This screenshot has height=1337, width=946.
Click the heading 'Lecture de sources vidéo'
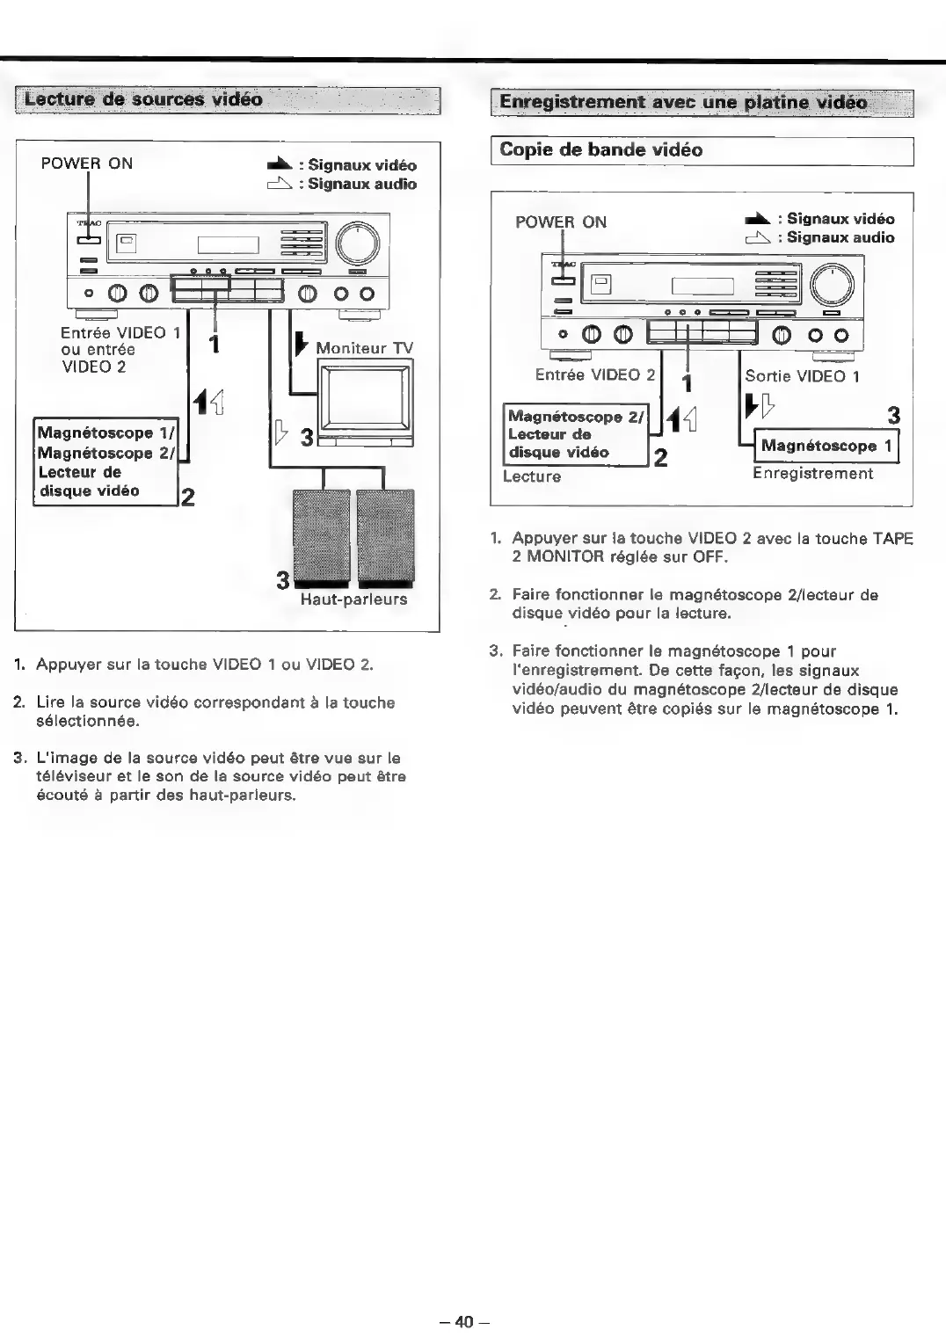(143, 99)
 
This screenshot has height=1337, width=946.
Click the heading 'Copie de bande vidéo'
(601, 150)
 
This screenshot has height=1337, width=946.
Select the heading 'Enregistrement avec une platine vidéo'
(683, 103)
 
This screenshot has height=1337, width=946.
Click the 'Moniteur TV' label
(364, 348)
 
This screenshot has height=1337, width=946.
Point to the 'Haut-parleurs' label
(353, 599)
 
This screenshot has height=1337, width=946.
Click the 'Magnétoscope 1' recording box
(826, 446)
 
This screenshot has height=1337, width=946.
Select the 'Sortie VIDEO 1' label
(802, 376)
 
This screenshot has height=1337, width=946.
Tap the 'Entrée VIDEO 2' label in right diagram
(595, 374)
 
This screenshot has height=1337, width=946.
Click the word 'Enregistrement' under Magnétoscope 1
(812, 474)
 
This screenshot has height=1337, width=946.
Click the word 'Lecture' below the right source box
(532, 476)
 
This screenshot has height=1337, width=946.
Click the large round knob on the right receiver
(832, 284)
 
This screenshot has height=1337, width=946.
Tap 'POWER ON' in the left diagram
(87, 163)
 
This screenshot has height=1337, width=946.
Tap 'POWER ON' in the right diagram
(561, 222)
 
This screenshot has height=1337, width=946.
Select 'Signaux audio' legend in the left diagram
(361, 185)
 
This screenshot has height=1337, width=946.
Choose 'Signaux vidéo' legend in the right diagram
(840, 219)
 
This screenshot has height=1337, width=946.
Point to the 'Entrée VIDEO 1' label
(120, 332)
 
